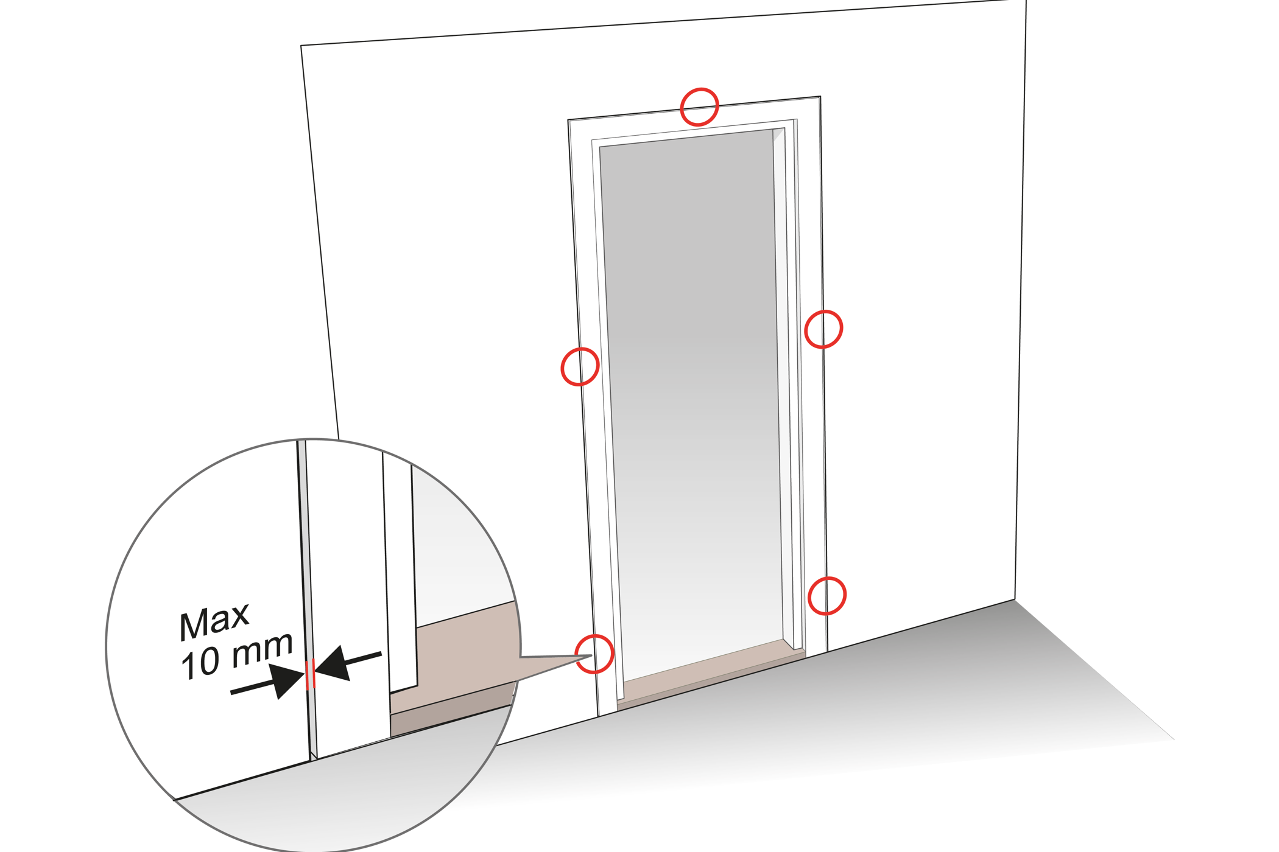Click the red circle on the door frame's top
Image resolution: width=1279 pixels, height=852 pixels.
pyautogui.click(x=699, y=107)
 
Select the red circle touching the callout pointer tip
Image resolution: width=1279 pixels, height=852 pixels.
pyautogui.click(x=594, y=654)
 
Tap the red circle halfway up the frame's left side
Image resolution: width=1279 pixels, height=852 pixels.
pyautogui.click(x=580, y=366)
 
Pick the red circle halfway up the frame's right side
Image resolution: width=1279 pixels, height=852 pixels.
pyautogui.click(x=823, y=329)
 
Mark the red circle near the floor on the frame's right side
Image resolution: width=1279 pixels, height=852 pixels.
pyautogui.click(x=827, y=595)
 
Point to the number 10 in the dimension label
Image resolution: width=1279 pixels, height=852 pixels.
pyautogui.click(x=200, y=663)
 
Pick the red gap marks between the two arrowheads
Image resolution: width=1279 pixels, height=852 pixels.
pyautogui.click(x=310, y=674)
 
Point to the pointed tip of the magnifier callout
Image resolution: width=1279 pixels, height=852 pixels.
pyautogui.click(x=592, y=655)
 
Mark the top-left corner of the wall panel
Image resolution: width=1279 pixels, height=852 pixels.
pyautogui.click(x=301, y=46)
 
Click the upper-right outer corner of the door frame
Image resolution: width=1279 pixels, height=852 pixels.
pyautogui.click(x=820, y=96)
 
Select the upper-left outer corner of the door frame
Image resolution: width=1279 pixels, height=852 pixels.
pyautogui.click(x=568, y=120)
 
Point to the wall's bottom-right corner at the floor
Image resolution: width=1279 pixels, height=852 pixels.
pyautogui.click(x=1015, y=599)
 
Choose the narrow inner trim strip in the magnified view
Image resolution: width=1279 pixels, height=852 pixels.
pyautogui.click(x=400, y=572)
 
